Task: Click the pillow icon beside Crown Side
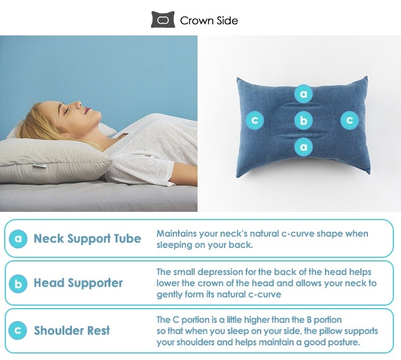pyautogui.click(x=163, y=20)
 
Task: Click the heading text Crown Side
pyautogui.click(x=209, y=21)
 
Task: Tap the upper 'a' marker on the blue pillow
pyautogui.click(x=304, y=94)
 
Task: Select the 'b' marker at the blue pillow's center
pyautogui.click(x=304, y=120)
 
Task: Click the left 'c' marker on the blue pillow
pyautogui.click(x=254, y=120)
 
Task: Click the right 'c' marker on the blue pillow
pyautogui.click(x=349, y=120)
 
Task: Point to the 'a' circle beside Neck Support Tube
pyautogui.click(x=18, y=239)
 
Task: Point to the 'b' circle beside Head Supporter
pyautogui.click(x=18, y=283)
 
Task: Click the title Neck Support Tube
pyautogui.click(x=87, y=239)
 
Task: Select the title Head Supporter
pyautogui.click(x=78, y=283)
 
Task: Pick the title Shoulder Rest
pyautogui.click(x=71, y=330)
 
